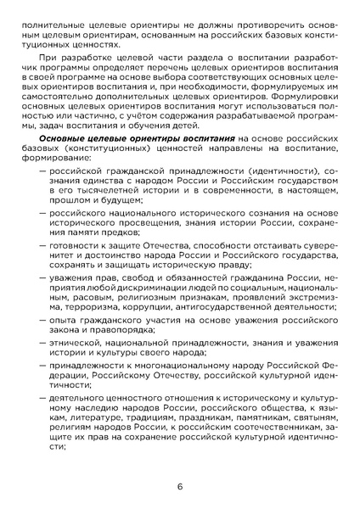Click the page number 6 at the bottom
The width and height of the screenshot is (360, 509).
[x=180, y=486]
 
